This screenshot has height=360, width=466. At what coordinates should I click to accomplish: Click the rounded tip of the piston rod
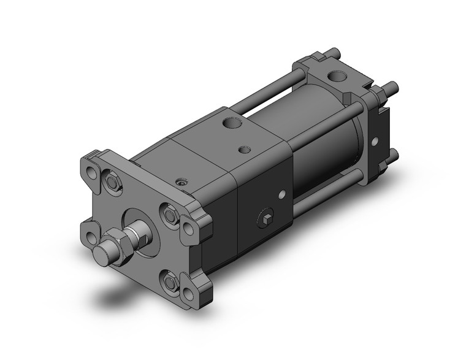[x=102, y=253]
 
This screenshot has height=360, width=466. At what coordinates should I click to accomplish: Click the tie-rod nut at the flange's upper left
[x=112, y=182]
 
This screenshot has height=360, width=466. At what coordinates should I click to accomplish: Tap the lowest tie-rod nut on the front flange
[x=169, y=281]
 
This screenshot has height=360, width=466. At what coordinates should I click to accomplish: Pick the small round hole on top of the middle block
[x=245, y=149]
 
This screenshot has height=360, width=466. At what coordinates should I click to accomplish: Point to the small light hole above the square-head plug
[x=281, y=195]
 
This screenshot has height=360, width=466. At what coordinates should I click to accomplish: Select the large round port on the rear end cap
[x=337, y=77]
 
